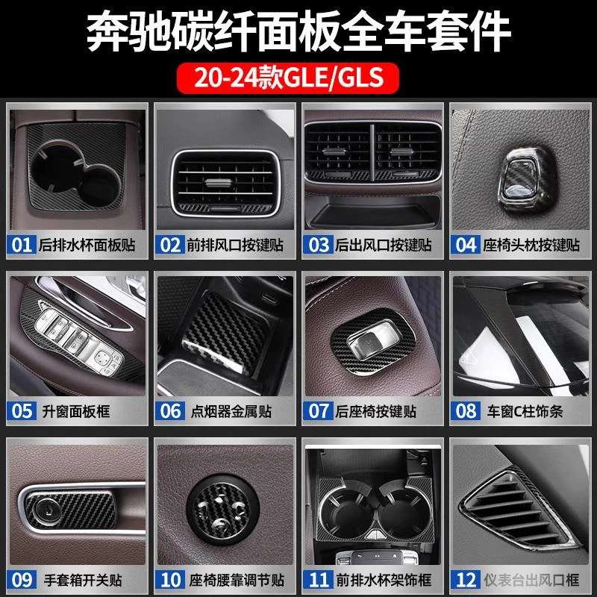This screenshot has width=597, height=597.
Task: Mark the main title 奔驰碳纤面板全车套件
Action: coord(298,31)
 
